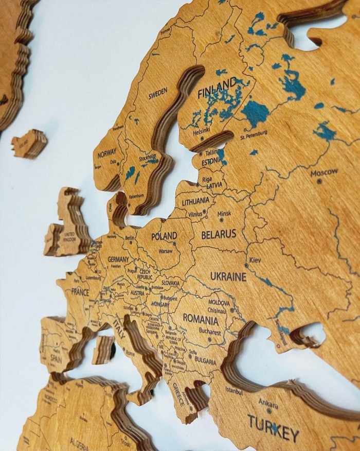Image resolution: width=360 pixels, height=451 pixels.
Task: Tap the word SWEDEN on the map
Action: click(x=158, y=95)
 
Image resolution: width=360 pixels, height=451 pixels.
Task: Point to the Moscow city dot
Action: click(x=319, y=181)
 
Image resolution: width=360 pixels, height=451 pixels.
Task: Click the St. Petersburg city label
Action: click(x=254, y=135)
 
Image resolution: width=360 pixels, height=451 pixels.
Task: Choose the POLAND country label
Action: click(x=164, y=236)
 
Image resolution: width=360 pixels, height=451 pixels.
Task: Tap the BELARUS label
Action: click(x=219, y=234)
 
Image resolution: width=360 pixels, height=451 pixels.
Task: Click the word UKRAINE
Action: click(x=228, y=276)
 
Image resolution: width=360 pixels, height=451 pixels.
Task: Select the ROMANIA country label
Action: click(x=201, y=318)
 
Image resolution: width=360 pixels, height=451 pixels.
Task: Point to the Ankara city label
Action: click(x=268, y=403)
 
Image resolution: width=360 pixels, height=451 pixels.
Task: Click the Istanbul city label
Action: click(x=233, y=391)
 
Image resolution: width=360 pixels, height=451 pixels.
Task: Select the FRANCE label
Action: click(x=80, y=292)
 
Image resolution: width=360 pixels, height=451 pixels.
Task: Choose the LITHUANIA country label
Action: click(x=196, y=201)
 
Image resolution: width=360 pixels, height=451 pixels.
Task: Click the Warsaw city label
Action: click(x=166, y=252)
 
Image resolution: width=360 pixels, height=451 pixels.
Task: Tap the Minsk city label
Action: click(x=224, y=213)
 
